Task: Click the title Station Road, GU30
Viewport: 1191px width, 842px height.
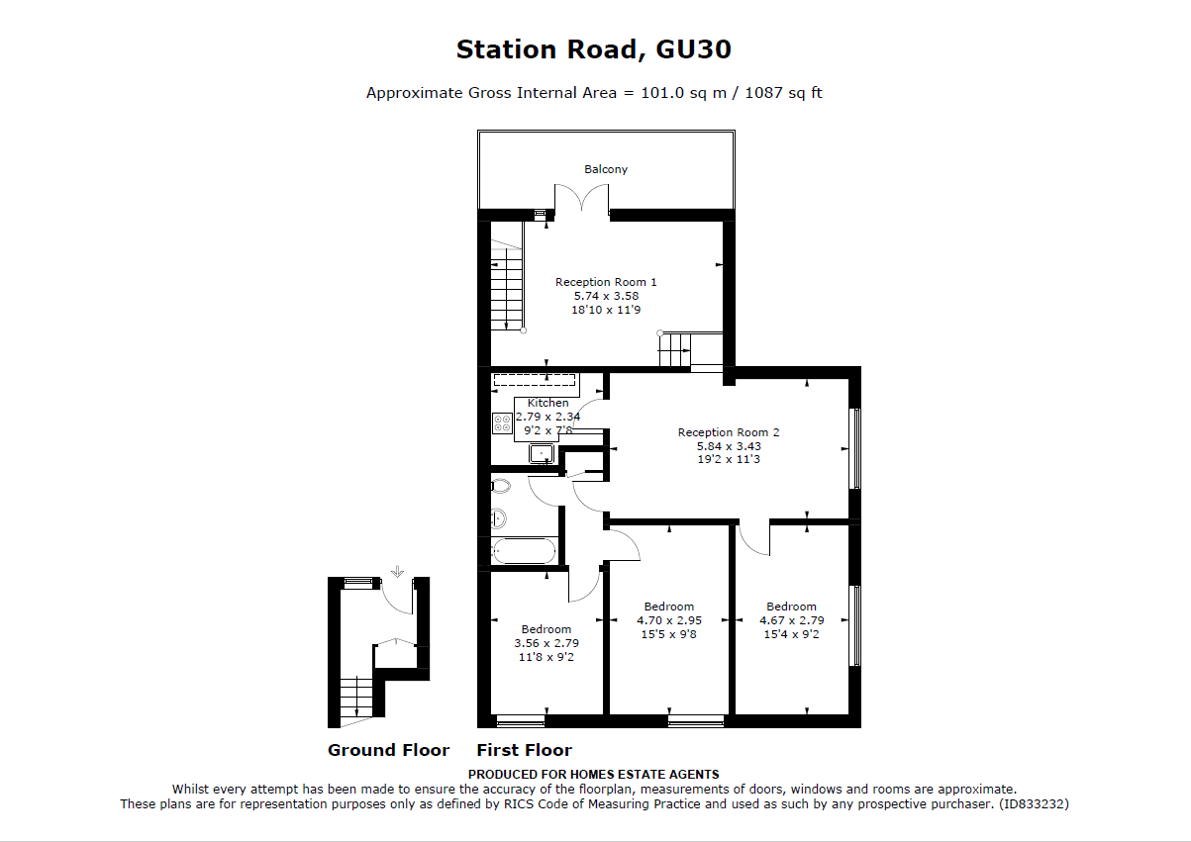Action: pos(594,48)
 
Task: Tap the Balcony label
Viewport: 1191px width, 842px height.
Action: pos(605,169)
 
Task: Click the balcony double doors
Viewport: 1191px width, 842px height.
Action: pos(581,201)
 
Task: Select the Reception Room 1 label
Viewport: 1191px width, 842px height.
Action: pos(606,282)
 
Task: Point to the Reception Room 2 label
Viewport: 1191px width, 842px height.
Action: pos(729,432)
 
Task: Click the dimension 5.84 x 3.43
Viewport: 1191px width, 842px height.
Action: pos(729,446)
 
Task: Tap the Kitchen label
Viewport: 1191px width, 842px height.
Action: pos(547,403)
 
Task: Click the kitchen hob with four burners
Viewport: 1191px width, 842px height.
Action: pos(502,424)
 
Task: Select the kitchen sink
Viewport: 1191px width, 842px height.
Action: pos(541,453)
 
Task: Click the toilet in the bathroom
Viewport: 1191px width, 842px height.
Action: pos(500,486)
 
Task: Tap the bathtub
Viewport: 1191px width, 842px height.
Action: pos(525,550)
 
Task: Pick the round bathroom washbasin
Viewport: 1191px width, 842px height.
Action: pos(499,518)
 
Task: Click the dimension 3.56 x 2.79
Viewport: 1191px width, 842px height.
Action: pos(546,643)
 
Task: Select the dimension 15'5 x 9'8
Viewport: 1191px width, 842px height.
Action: pos(668,634)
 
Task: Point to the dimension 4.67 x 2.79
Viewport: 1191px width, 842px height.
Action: pos(791,620)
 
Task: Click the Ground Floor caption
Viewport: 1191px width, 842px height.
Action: pos(388,750)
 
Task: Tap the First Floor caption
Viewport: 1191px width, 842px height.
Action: pos(524,750)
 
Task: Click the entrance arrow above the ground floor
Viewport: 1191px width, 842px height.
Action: pos(397,572)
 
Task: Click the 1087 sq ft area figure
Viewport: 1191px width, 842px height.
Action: pos(781,93)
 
